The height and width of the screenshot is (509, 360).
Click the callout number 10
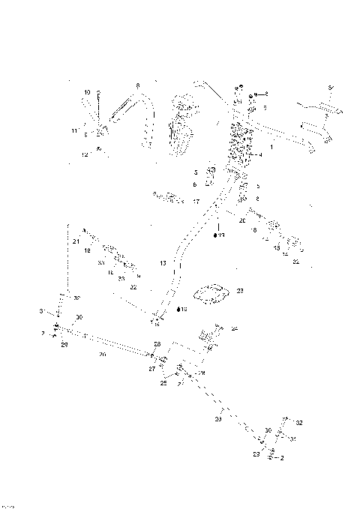(x=87, y=92)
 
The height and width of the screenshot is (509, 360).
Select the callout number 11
(x=75, y=131)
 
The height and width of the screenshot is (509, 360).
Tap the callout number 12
(x=85, y=154)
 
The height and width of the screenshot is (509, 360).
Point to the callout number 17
(x=196, y=202)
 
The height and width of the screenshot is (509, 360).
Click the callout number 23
(x=240, y=291)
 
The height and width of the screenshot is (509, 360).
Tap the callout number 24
(x=235, y=328)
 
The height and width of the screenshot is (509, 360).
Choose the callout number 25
(x=163, y=384)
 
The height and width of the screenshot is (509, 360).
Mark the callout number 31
(x=293, y=439)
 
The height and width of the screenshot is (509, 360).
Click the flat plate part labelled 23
(x=214, y=293)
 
